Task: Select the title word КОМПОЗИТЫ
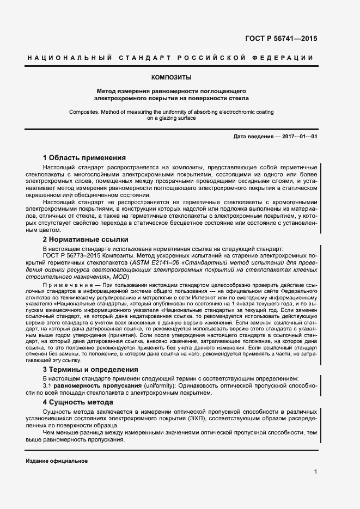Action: point(171,77)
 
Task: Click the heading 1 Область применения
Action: point(84,157)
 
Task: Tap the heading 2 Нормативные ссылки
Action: point(86,238)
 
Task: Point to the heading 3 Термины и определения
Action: point(91,369)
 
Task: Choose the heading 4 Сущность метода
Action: point(78,402)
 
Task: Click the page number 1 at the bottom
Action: point(315,472)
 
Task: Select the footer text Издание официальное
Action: point(57,461)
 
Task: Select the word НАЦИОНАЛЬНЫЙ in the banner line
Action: point(70,58)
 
